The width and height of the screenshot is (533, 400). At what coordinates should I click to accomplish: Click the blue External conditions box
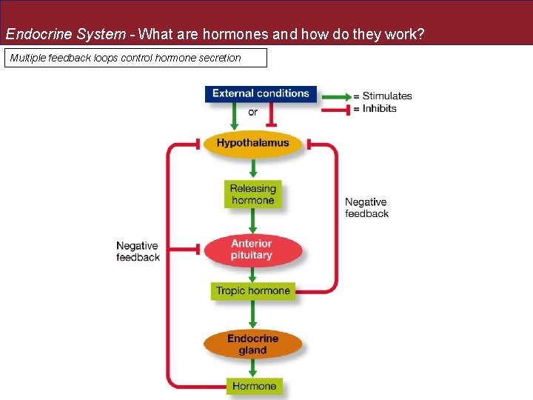point(261,94)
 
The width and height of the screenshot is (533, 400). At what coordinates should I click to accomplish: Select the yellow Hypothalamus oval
point(252,143)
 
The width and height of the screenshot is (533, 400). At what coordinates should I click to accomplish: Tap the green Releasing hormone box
point(252,194)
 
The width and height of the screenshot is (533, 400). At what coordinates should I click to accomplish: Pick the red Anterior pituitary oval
point(252,250)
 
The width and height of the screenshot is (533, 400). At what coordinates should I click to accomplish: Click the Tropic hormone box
point(252,290)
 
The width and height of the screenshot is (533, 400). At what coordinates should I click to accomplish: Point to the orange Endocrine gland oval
point(252,344)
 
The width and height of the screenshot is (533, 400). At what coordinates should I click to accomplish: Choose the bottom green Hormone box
point(253,386)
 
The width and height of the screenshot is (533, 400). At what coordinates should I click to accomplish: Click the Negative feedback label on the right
point(366,207)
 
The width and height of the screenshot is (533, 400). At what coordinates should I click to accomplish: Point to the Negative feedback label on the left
point(138,251)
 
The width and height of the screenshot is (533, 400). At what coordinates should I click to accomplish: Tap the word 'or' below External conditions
point(252,113)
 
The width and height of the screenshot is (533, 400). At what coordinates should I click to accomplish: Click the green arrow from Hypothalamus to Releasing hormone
point(252,167)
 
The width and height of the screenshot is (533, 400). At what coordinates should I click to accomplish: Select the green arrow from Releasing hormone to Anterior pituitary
point(252,221)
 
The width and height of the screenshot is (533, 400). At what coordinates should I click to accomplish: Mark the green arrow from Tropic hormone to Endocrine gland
point(252,313)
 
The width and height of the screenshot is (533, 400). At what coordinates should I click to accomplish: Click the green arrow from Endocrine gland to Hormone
point(252,367)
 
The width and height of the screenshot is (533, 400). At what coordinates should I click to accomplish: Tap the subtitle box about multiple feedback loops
point(135,58)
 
